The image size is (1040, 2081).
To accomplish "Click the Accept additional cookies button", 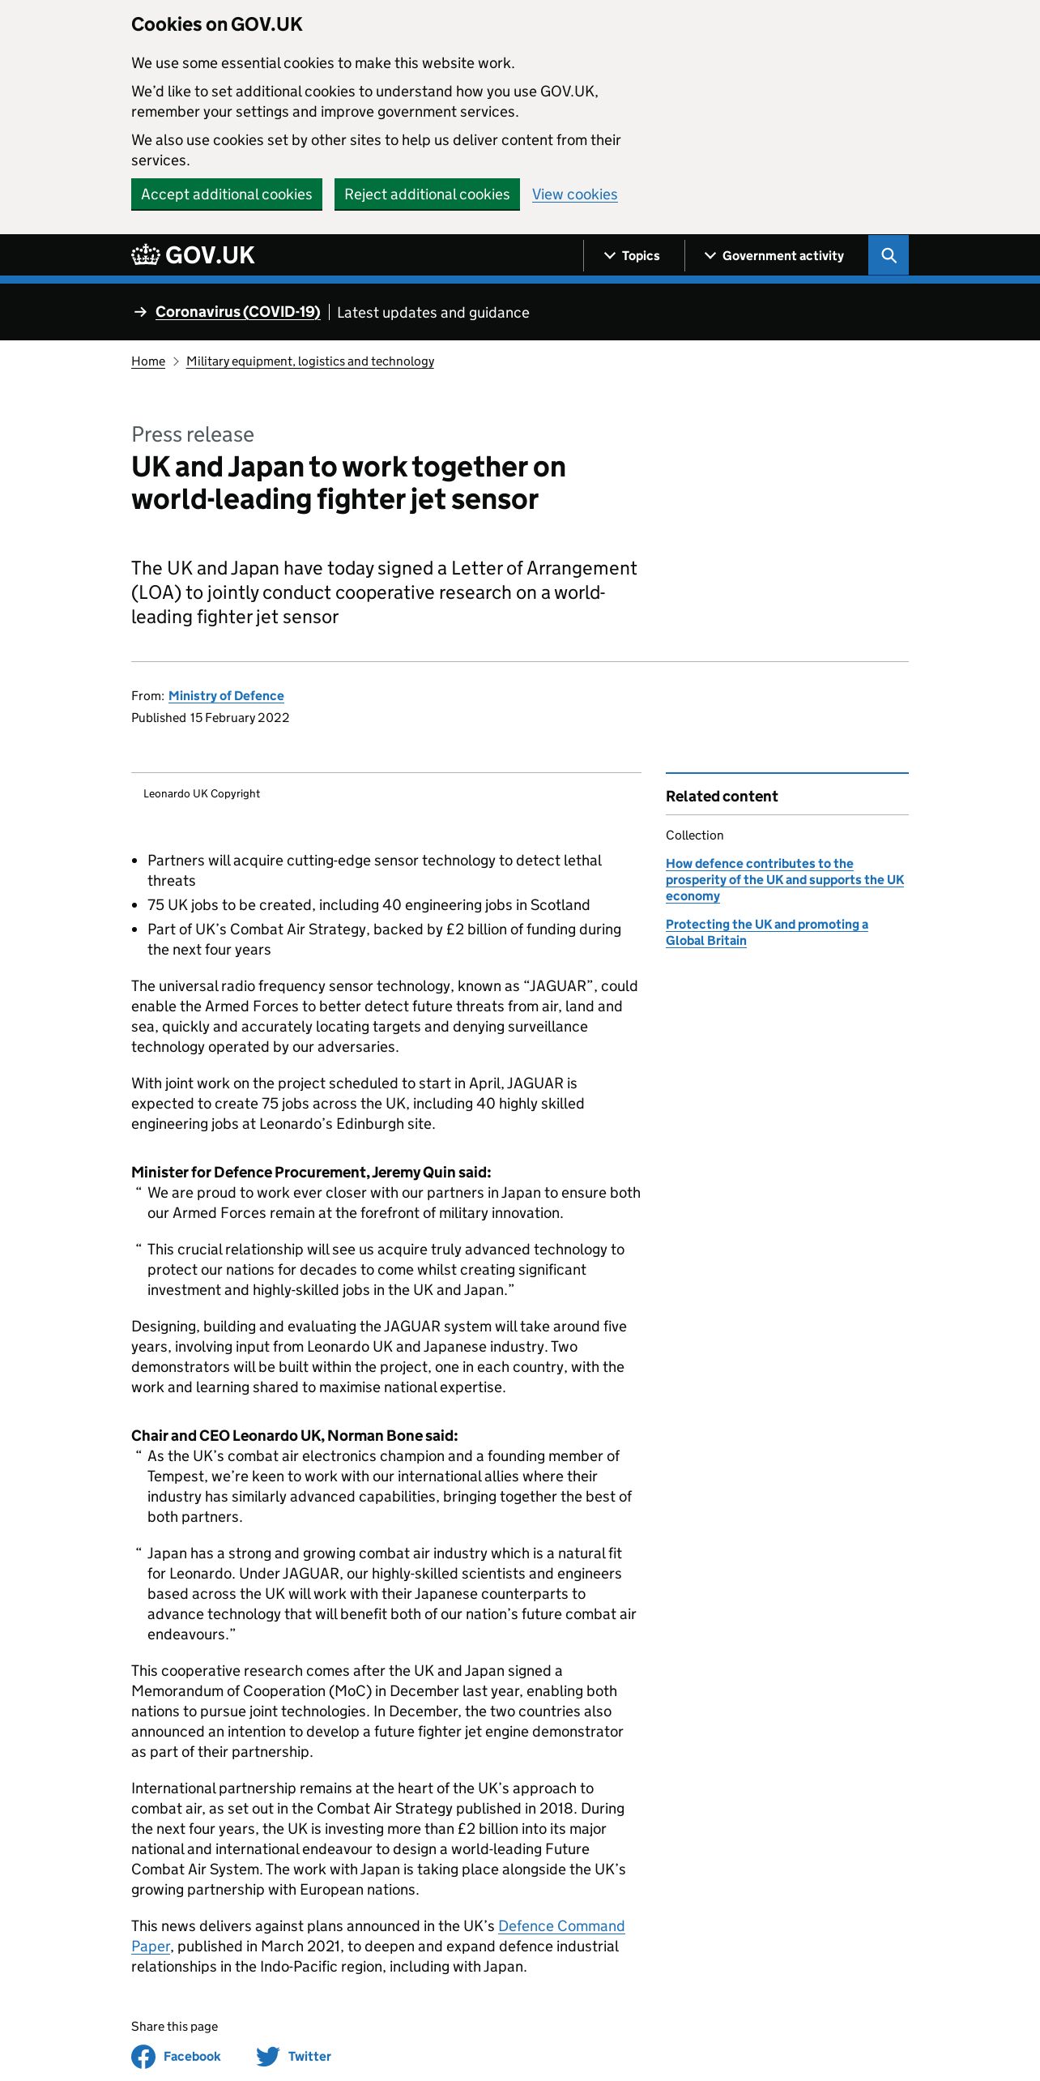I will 226,194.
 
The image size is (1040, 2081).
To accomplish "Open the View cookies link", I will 574,194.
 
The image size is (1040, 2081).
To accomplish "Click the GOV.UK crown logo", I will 147,255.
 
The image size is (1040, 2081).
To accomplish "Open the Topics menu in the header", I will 633,256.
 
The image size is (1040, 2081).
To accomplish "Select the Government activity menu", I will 774,256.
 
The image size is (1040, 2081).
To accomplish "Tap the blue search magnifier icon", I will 889,256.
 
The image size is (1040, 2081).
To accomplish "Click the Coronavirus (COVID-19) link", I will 237,312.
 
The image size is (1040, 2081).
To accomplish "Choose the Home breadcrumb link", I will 148,361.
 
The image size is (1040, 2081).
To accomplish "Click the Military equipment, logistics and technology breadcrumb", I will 310,361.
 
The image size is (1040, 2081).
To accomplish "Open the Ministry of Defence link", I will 226,696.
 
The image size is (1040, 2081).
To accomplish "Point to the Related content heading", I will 722,797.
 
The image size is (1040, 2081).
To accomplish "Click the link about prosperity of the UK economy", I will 784,880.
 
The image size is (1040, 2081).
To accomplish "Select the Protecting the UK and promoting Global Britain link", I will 766,933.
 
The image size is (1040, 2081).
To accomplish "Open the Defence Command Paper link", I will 560,1926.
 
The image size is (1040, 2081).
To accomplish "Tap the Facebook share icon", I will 143,2056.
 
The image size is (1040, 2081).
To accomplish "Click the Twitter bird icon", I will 268,2056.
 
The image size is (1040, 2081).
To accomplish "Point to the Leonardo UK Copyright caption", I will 202,794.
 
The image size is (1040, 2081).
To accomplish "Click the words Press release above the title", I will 193,434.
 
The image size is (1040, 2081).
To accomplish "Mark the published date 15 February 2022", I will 239,718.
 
